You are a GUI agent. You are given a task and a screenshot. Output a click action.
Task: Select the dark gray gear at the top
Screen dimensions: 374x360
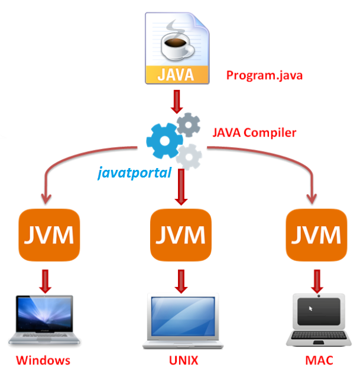click(189, 124)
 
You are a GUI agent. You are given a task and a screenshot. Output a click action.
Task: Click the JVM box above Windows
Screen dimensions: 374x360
click(48, 236)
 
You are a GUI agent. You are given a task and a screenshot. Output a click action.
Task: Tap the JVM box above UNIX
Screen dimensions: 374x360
click(179, 236)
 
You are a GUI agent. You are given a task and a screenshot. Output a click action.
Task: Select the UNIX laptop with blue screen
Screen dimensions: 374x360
click(180, 321)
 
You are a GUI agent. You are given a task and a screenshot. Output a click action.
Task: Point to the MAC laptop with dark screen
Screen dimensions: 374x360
click(319, 320)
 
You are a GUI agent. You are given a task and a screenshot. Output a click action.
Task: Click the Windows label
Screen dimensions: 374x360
click(43, 360)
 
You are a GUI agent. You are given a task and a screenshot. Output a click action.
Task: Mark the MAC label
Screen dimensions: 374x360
click(319, 360)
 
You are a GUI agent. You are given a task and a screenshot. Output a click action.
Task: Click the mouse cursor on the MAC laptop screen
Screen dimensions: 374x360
click(310, 308)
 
